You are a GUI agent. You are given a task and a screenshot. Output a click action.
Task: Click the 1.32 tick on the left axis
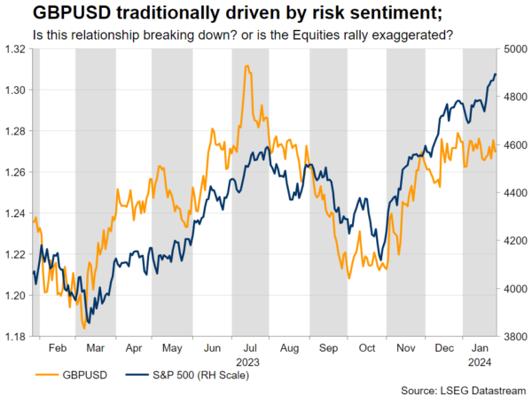(14, 50)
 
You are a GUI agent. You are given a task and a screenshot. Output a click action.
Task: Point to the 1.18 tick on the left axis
(14, 337)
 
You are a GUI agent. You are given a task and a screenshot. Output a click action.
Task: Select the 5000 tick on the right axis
(516, 50)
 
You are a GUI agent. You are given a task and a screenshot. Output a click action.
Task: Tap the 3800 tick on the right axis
(516, 337)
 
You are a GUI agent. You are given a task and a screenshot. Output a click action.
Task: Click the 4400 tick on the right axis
(516, 193)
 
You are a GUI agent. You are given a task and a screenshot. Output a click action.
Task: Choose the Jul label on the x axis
(250, 349)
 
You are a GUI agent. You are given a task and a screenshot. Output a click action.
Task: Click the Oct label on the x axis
(367, 349)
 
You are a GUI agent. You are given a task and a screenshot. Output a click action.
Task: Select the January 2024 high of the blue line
(494, 74)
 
